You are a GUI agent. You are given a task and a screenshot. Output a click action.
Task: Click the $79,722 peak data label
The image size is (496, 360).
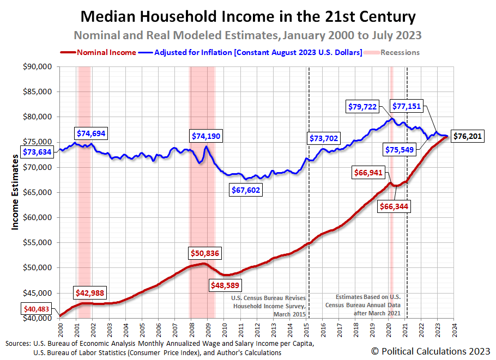pyautogui.click(x=362, y=107)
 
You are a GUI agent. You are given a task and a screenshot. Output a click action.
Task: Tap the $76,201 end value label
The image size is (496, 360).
pyautogui.click(x=467, y=136)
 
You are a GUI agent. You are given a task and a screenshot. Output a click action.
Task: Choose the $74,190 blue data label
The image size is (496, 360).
pyautogui.click(x=205, y=136)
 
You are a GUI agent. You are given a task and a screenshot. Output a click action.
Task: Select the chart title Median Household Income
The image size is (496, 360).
pyautogui.click(x=248, y=16)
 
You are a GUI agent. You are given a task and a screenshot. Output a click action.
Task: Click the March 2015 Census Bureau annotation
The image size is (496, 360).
pyautogui.click(x=267, y=307)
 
